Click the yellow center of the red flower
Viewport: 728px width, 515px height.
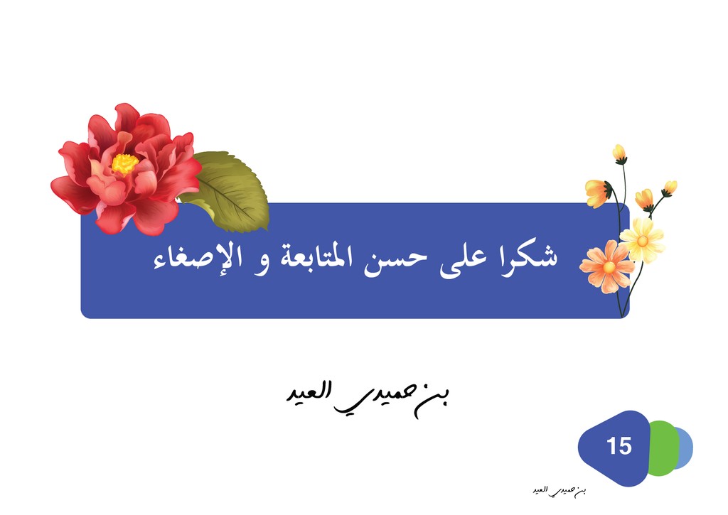(124, 164)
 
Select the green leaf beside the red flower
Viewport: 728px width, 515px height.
(228, 191)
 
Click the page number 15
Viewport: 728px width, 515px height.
(619, 446)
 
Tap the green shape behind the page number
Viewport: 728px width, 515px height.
(664, 448)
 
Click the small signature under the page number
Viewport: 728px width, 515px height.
(560, 491)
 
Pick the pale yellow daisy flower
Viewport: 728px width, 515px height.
(643, 240)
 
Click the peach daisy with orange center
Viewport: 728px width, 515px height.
(609, 267)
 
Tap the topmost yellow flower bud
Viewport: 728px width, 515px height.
(619, 153)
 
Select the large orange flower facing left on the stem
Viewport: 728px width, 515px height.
(597, 193)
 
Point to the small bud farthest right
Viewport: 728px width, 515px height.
(670, 188)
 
